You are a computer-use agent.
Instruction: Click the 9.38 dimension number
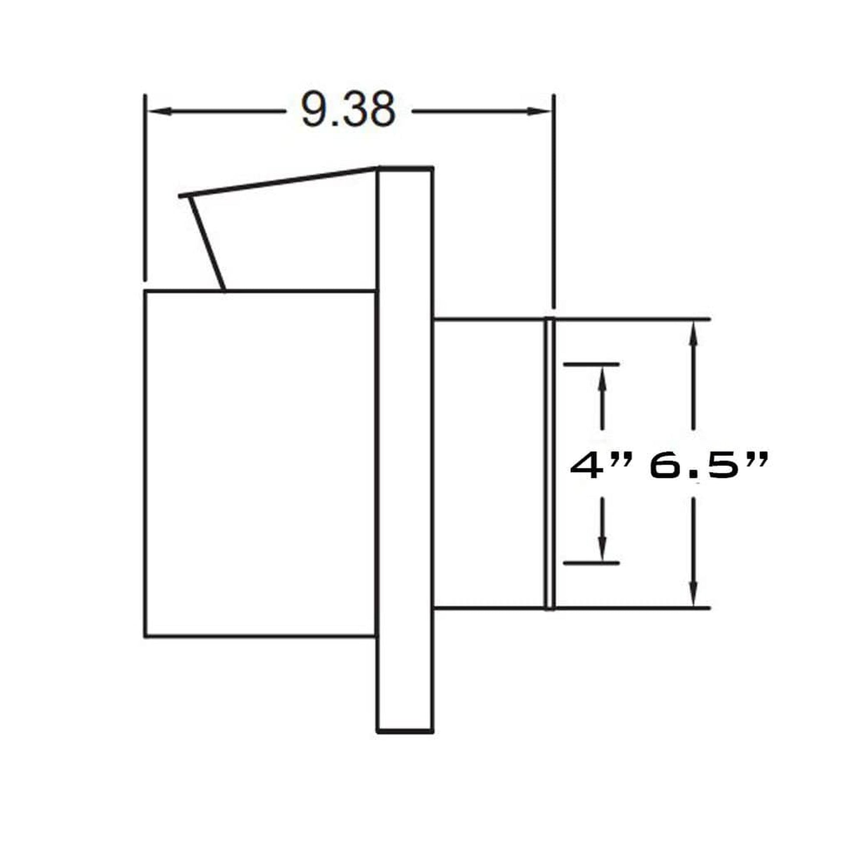[x=348, y=110]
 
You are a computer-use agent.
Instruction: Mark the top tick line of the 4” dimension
[x=591, y=364]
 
